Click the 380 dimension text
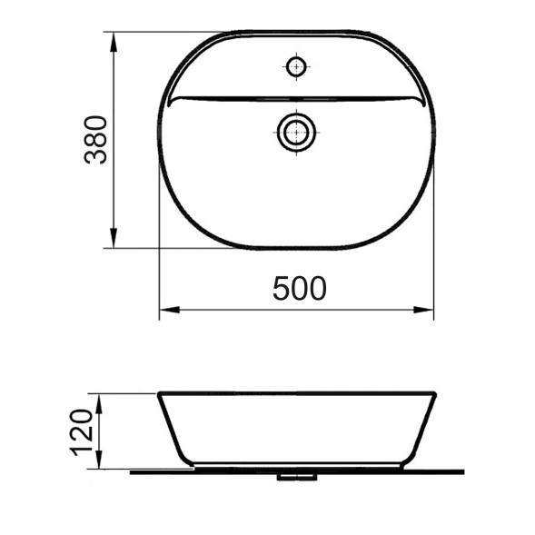pyautogui.click(x=96, y=139)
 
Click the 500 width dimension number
pyautogui.click(x=299, y=288)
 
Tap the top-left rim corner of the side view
pyautogui.click(x=161, y=394)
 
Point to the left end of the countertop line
pyautogui.click(x=132, y=471)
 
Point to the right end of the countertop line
pyautogui.click(x=463, y=471)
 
